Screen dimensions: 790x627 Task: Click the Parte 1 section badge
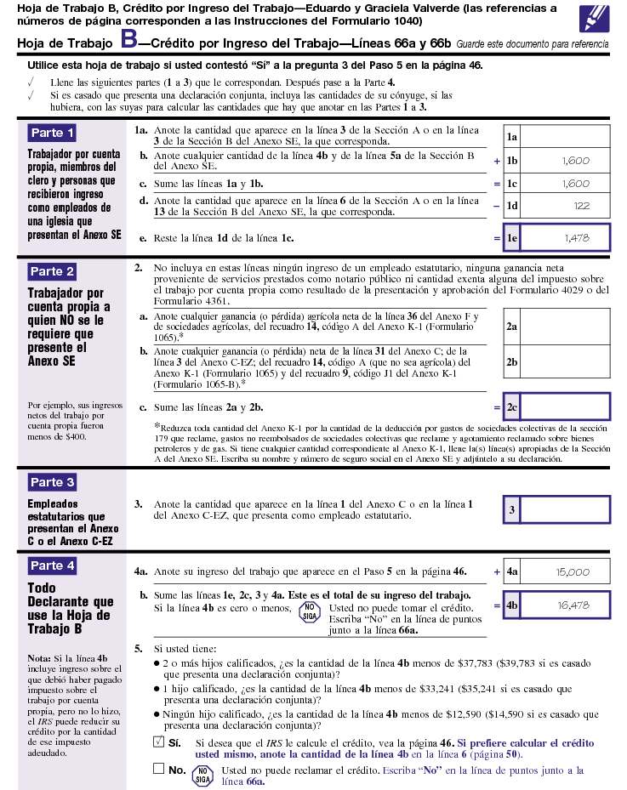[x=53, y=133]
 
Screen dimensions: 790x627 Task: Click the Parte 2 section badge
[x=53, y=272]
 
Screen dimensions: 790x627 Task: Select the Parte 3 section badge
[x=53, y=482]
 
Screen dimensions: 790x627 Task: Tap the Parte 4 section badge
[x=53, y=566]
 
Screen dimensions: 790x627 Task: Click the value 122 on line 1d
[x=581, y=205]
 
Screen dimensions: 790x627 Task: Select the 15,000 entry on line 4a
[x=573, y=572]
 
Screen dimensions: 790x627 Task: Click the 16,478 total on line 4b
[x=573, y=605]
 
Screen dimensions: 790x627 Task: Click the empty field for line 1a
[x=565, y=136]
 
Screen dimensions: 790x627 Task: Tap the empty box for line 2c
[x=565, y=407]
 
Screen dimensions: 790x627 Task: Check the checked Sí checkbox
[x=158, y=742]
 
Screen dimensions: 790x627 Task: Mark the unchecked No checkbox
[x=158, y=769]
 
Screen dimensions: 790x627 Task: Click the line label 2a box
[x=511, y=326]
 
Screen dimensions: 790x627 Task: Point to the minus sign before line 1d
[x=497, y=205]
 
